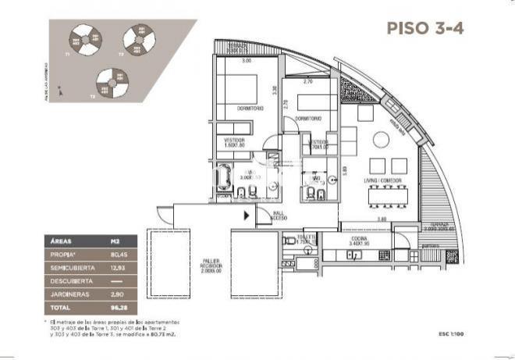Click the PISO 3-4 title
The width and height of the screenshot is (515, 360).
pyautogui.click(x=426, y=27)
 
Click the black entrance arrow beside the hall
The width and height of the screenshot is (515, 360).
pyautogui.click(x=247, y=216)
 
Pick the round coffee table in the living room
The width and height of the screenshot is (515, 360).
pyautogui.click(x=380, y=141)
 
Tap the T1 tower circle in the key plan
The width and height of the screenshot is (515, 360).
pyautogui.click(x=81, y=40)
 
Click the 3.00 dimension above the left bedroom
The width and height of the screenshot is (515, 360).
pyautogui.click(x=246, y=60)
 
